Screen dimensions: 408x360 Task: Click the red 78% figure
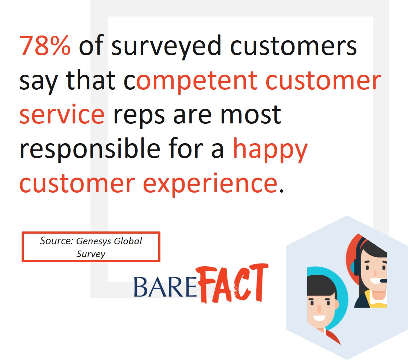click(45, 46)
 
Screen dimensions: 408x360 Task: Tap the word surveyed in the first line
click(166, 47)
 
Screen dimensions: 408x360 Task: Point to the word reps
click(139, 116)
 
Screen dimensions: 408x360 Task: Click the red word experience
click(210, 184)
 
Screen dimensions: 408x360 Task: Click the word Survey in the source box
click(91, 254)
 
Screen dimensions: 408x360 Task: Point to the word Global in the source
click(128, 241)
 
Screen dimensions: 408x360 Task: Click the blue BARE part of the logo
click(165, 287)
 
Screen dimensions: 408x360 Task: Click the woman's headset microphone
click(383, 281)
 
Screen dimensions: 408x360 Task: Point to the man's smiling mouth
click(319, 318)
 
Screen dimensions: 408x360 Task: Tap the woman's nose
click(375, 273)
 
